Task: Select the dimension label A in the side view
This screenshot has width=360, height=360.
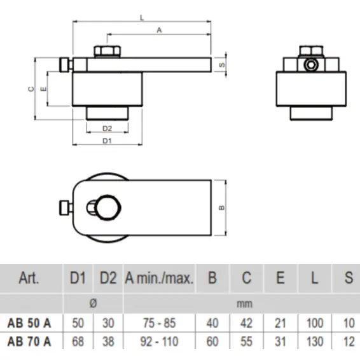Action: click(159, 29)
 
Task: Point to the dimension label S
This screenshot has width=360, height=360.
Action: click(222, 64)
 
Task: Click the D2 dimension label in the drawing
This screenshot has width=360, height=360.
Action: click(107, 128)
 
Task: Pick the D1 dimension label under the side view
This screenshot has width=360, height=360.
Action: click(107, 140)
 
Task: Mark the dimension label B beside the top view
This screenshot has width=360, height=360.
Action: click(222, 207)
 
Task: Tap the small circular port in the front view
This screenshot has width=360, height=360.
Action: click(310, 64)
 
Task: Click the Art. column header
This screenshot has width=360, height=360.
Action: click(30, 278)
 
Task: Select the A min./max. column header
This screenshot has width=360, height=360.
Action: click(158, 278)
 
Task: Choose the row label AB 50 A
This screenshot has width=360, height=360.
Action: click(29, 323)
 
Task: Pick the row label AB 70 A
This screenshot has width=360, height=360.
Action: click(29, 342)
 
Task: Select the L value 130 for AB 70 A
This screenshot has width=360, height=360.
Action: click(315, 342)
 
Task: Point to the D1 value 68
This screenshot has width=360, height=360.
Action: click(78, 342)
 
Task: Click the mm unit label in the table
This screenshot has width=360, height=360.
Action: click(244, 304)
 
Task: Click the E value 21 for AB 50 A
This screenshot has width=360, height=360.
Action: click(280, 323)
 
